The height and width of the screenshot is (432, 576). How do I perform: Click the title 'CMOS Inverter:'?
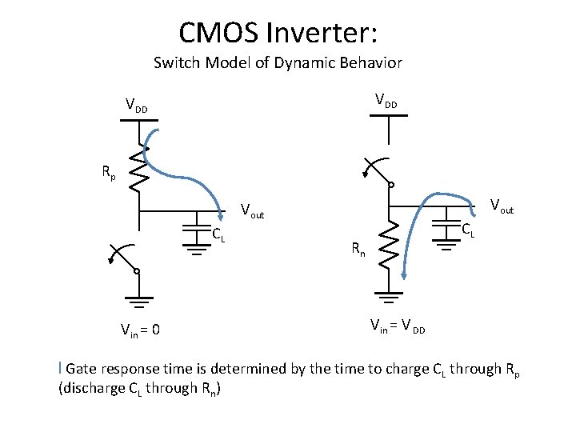[x=278, y=33]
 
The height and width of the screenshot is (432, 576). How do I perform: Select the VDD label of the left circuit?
[x=136, y=105]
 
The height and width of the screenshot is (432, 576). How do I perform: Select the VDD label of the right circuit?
[x=386, y=101]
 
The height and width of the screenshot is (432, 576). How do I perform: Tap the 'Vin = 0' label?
[x=139, y=329]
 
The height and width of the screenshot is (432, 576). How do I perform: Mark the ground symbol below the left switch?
[x=138, y=302]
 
